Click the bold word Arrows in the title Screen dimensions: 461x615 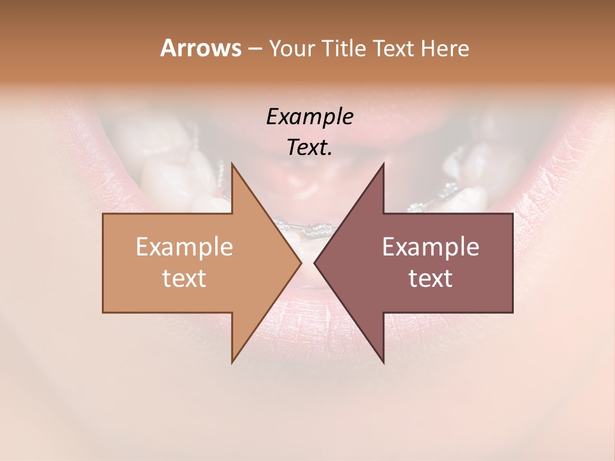click(x=201, y=49)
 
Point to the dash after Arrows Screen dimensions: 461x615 click(x=254, y=49)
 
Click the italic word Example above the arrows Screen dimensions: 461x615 click(x=309, y=117)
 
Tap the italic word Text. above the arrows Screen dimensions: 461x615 click(x=309, y=148)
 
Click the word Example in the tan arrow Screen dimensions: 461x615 click(x=184, y=247)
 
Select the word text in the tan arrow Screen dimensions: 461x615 click(x=184, y=279)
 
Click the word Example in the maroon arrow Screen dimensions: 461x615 click(x=430, y=247)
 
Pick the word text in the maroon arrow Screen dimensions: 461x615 click(x=430, y=279)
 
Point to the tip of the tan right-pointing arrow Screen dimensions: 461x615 click(x=300, y=263)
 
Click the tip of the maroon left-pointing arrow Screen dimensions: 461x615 click(x=316, y=263)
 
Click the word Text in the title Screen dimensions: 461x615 click(x=394, y=49)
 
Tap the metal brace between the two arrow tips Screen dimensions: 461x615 click(x=308, y=228)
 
